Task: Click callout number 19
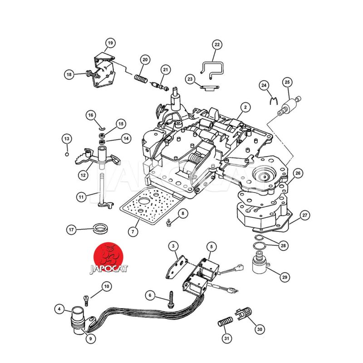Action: (110, 43)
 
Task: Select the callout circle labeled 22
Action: (217, 44)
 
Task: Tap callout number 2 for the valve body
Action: (245, 107)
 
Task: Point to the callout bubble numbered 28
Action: (283, 245)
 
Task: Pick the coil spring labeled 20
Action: (141, 78)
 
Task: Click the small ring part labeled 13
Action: (67, 154)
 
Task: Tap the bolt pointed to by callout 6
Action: (171, 300)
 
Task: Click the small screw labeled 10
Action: (86, 301)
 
